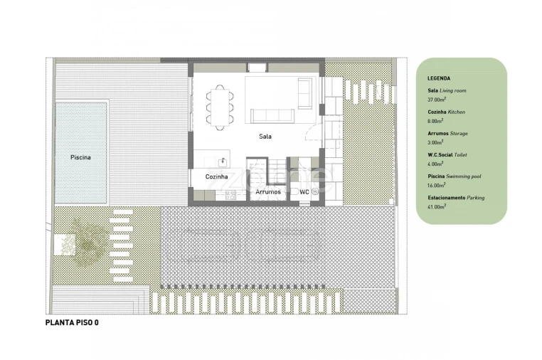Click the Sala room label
click(265, 137)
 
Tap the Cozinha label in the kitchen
click(216, 176)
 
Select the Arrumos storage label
click(268, 191)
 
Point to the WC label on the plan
click(304, 192)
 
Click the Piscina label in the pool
click(80, 157)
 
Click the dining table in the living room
click(220, 107)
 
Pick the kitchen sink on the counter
click(223, 162)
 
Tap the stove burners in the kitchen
click(230, 195)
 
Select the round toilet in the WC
click(315, 191)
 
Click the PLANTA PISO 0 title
click(72, 323)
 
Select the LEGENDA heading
click(439, 78)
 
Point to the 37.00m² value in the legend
click(437, 100)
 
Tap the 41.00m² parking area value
click(437, 207)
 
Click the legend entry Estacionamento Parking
click(456, 198)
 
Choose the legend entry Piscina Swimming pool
click(455, 176)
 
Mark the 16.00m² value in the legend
click(437, 186)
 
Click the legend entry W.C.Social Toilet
click(447, 155)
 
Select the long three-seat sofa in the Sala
click(272, 116)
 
